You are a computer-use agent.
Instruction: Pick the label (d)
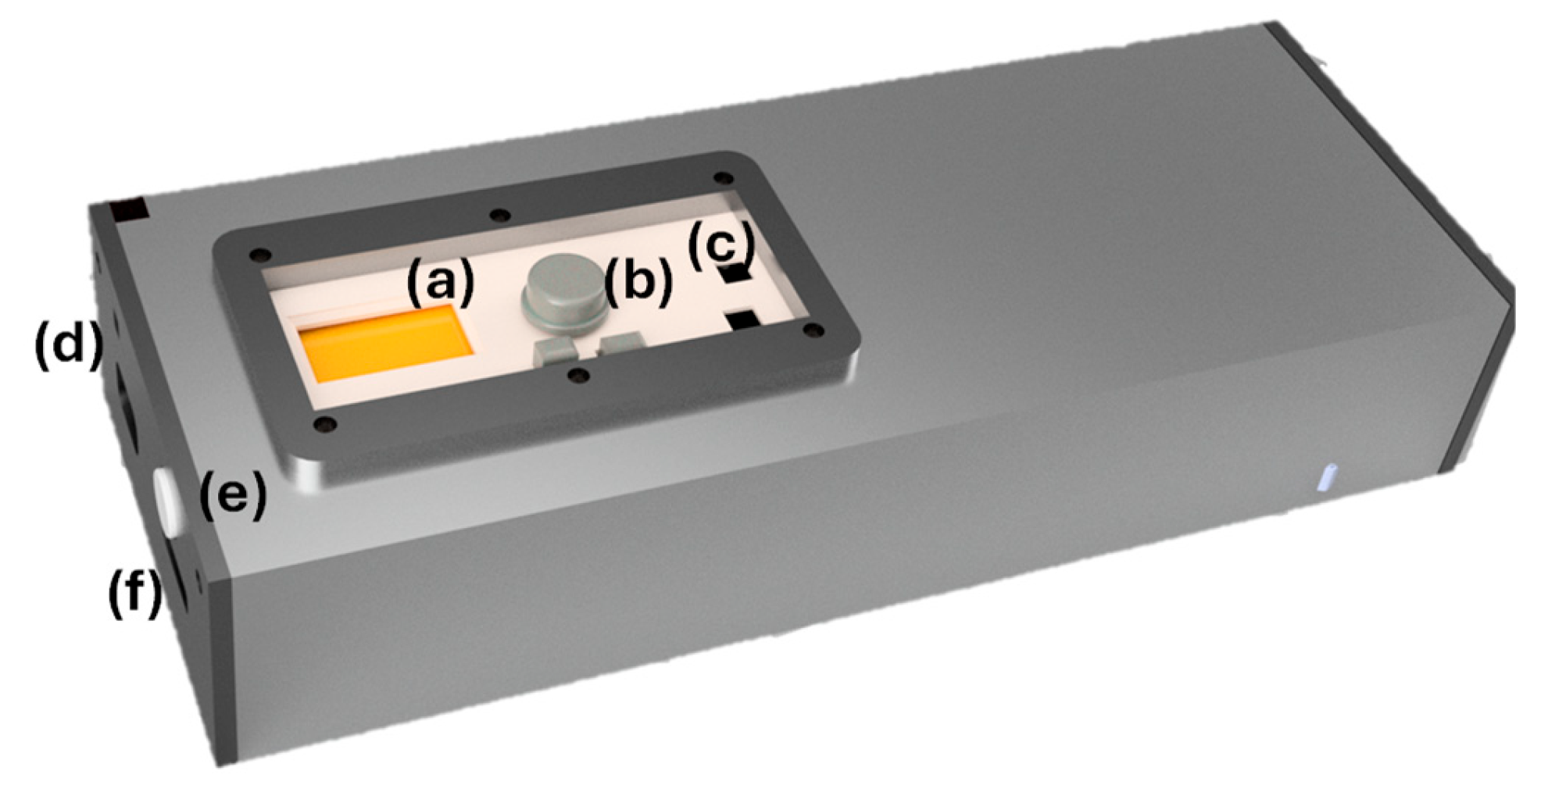tap(69, 344)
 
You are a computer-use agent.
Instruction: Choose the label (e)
tap(233, 494)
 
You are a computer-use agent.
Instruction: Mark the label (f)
tap(134, 593)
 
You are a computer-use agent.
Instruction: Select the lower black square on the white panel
tap(743, 320)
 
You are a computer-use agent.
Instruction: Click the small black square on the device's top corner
tap(128, 209)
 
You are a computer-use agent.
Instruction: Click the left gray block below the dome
tap(554, 351)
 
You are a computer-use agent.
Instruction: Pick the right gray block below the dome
tap(621, 344)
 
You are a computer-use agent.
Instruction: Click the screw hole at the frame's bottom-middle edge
tap(579, 376)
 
